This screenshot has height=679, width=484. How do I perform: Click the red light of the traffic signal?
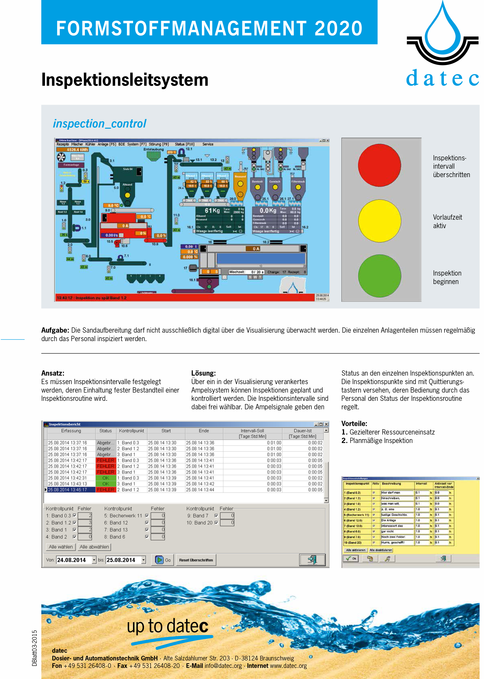point(379,165)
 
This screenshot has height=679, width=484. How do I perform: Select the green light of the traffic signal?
point(379,276)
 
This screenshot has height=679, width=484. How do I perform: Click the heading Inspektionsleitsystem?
point(125,80)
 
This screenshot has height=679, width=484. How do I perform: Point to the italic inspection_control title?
point(100,124)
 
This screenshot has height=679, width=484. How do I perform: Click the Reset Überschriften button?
point(196,560)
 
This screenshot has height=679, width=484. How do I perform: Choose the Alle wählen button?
point(60,547)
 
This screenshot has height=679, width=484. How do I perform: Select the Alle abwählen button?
point(94,547)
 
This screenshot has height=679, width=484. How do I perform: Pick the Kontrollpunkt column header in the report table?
point(131,431)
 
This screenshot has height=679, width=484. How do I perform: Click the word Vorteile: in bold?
point(354,424)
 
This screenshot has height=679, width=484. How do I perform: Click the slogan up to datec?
point(168,626)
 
